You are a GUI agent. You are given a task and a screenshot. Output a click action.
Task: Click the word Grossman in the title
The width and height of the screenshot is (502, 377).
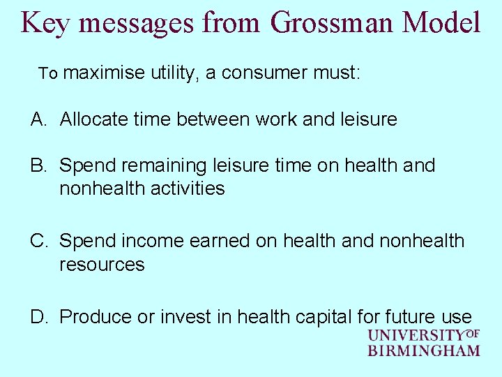point(333,22)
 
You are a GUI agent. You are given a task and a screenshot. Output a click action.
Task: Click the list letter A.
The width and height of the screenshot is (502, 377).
point(38,119)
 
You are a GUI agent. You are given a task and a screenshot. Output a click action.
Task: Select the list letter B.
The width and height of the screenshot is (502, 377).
point(38,165)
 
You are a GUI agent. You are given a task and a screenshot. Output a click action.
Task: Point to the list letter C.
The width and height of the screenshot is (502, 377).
point(38,241)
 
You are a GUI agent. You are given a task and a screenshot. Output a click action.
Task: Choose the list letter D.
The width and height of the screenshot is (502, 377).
point(38,316)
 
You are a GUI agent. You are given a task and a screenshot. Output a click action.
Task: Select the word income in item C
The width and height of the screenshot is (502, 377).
point(144,241)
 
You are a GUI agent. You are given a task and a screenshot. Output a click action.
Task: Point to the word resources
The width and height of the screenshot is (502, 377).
point(102,265)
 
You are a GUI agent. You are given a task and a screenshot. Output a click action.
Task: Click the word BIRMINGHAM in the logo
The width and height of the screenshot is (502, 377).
point(424,350)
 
